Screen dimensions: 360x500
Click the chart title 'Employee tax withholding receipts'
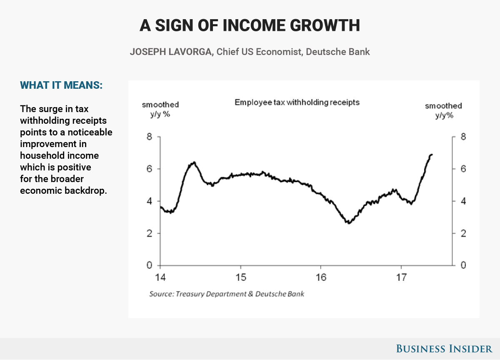tap(297, 102)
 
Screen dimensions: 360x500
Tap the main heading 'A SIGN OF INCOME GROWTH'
tap(250, 26)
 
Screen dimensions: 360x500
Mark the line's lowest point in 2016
tap(348, 223)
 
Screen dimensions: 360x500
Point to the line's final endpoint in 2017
tap(432, 155)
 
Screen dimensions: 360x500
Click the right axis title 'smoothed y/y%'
tap(443, 111)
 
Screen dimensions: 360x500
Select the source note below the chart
tap(227, 294)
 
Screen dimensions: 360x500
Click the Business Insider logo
tap(444, 348)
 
